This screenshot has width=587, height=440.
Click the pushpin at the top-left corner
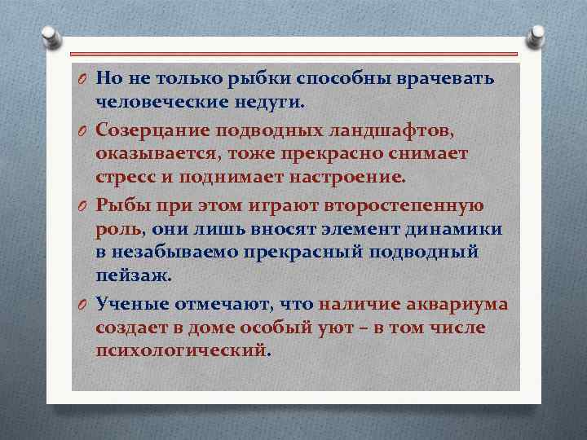pyautogui.click(x=50, y=37)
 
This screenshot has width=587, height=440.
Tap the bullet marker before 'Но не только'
pyautogui.click(x=83, y=78)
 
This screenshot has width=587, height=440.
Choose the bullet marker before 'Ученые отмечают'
pyautogui.click(x=83, y=304)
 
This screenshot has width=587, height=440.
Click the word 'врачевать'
pyautogui.click(x=446, y=77)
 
